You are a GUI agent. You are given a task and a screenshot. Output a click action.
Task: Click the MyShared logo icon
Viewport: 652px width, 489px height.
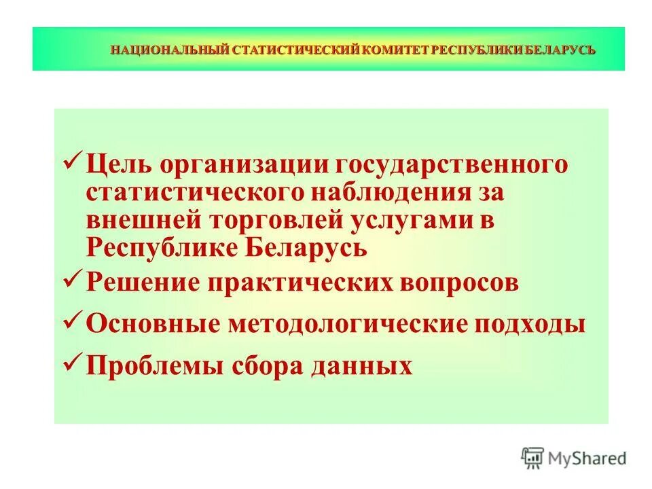click(533, 458)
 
